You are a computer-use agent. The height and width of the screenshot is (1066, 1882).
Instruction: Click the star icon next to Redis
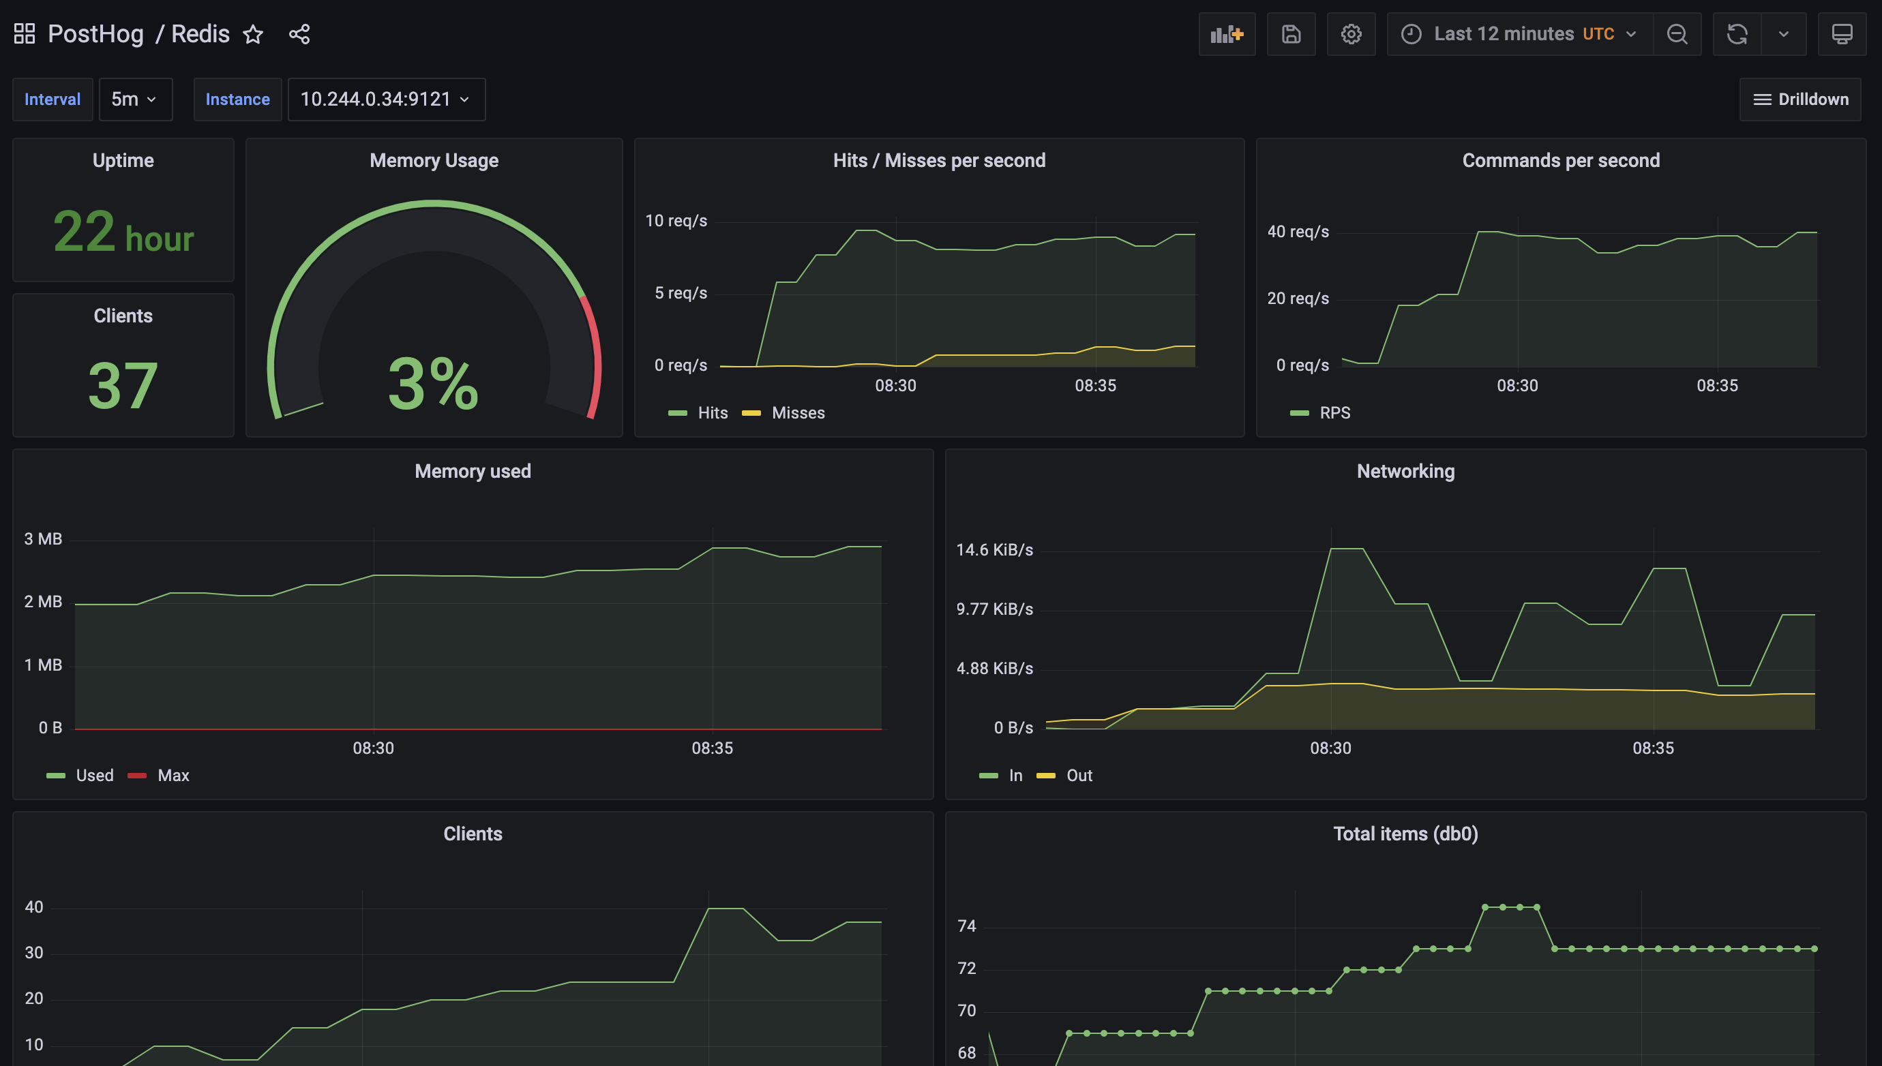point(253,34)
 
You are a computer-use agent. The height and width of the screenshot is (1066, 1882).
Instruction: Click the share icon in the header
point(299,34)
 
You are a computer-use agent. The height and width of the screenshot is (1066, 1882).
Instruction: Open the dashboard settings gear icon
point(1351,34)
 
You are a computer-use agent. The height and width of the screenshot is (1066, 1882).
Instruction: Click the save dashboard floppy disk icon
point(1291,34)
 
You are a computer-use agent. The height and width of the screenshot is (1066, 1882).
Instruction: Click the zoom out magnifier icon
point(1677,34)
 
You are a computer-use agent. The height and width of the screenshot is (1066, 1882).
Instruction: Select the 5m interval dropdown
point(135,100)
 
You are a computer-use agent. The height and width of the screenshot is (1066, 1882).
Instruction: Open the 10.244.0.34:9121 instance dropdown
point(386,100)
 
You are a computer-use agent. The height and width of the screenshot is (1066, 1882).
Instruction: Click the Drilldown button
point(1800,100)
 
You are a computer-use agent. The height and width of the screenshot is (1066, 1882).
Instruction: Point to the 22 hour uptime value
point(123,233)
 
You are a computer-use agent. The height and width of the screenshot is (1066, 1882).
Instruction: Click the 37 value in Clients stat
point(123,385)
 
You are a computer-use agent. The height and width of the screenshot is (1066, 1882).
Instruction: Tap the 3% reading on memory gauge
point(434,384)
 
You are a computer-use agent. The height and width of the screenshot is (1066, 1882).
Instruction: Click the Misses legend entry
point(798,413)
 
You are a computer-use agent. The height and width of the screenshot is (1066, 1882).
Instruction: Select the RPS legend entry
point(1334,413)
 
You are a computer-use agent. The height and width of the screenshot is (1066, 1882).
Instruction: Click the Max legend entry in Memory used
point(173,776)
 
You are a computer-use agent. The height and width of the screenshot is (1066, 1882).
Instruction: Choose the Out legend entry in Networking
point(1079,776)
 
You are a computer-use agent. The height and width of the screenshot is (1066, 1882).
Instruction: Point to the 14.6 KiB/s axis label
point(994,550)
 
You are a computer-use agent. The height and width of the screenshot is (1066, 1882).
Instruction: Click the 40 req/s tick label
point(1298,232)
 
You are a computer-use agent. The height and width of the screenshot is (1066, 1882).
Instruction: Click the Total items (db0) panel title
point(1405,834)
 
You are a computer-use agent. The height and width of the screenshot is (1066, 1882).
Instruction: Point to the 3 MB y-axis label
point(43,539)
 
